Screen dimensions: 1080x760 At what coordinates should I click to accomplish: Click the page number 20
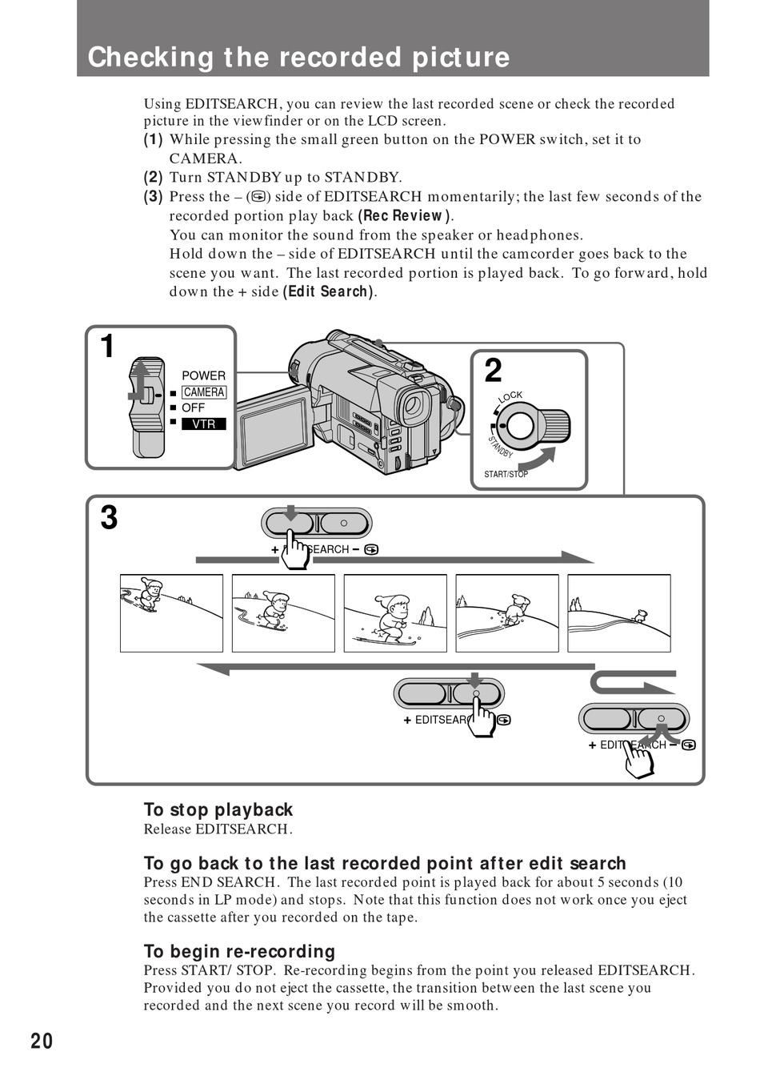(x=42, y=1041)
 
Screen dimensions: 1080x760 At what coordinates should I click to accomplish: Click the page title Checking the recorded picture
(x=298, y=58)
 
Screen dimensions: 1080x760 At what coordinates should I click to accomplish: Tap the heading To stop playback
(x=218, y=809)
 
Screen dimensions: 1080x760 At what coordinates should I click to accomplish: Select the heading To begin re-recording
(x=239, y=951)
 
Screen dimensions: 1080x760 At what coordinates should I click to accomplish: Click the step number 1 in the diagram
(x=107, y=347)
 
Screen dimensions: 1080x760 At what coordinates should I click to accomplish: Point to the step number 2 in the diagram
(x=494, y=371)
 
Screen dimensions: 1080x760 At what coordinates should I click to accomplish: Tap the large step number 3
(x=109, y=518)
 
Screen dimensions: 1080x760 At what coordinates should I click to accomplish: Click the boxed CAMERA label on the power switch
(x=204, y=392)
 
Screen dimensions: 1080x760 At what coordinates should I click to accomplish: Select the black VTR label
(x=204, y=424)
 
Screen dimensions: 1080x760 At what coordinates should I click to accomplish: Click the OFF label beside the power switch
(x=193, y=408)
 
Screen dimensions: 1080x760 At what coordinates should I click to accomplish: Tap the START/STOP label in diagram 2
(x=506, y=474)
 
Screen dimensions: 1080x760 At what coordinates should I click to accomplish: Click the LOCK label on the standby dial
(x=510, y=396)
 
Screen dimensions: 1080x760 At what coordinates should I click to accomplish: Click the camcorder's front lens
(x=413, y=406)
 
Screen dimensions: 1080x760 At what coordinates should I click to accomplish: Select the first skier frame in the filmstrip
(x=171, y=612)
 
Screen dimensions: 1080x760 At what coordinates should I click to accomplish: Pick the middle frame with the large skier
(x=395, y=612)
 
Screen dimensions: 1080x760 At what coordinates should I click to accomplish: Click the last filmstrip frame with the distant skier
(x=618, y=612)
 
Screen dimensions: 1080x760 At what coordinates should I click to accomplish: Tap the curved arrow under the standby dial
(x=537, y=461)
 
